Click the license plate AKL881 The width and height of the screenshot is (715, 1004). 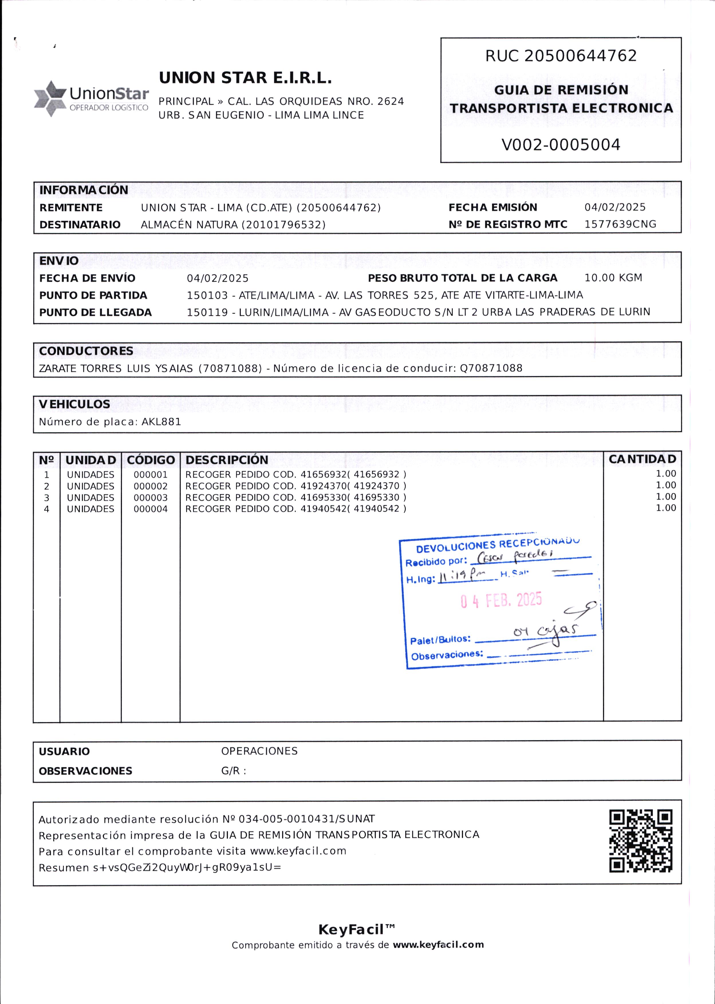(161, 422)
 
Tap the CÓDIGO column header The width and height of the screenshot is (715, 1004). (151, 460)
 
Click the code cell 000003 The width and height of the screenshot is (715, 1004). (151, 498)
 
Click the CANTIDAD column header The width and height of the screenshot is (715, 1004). (642, 459)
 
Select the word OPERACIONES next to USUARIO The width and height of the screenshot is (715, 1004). (259, 751)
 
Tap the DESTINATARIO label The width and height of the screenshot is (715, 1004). (80, 225)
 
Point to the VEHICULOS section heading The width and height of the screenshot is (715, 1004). (74, 404)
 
